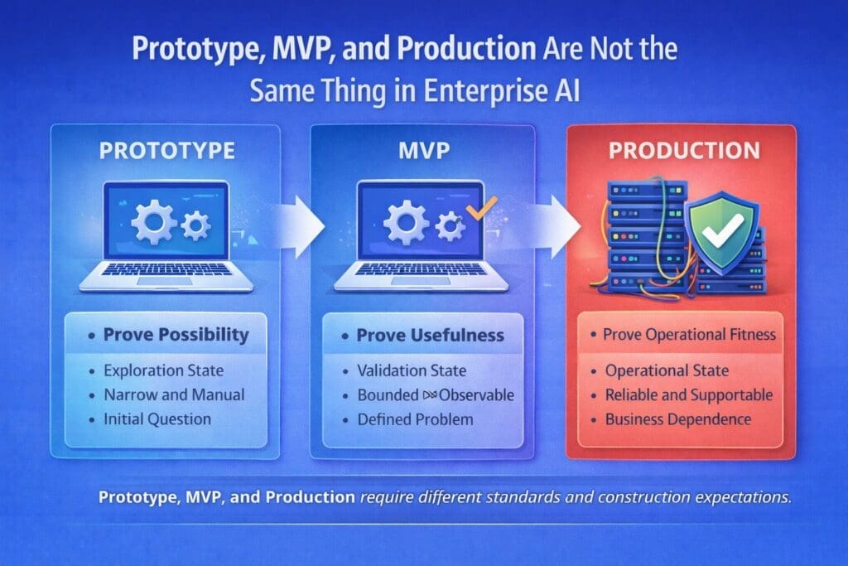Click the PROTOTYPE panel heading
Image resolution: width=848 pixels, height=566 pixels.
[166, 152]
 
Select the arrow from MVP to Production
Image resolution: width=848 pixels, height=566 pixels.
[557, 225]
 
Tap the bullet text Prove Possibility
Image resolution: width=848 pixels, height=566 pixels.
[176, 336]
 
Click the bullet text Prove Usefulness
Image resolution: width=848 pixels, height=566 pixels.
[430, 336]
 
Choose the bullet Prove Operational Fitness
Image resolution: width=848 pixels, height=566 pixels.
[689, 335]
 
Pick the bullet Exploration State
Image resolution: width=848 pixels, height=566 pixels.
[164, 370]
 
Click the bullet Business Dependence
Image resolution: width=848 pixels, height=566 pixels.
[678, 418]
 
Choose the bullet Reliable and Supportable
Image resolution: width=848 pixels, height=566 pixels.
[689, 394]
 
